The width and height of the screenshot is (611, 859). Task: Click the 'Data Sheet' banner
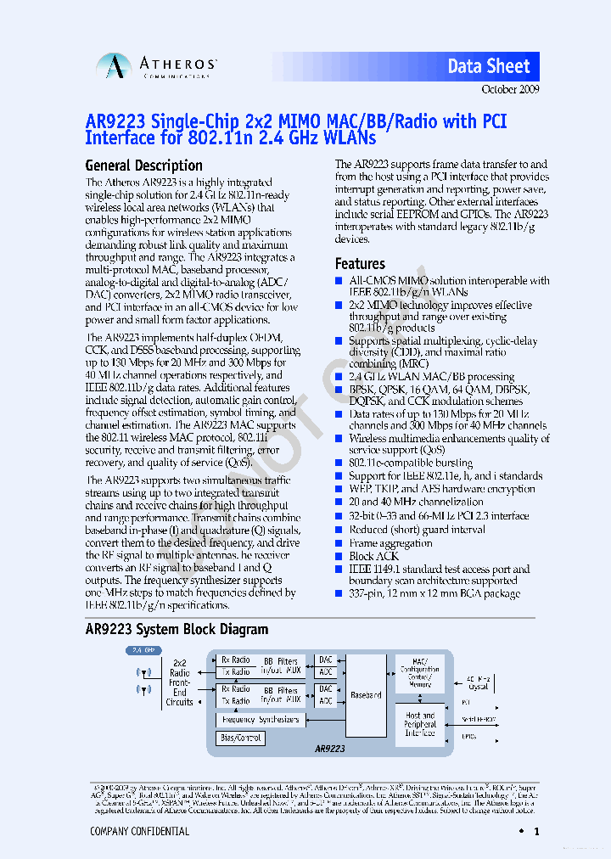click(x=489, y=66)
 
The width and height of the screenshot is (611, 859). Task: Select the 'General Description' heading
click(x=144, y=166)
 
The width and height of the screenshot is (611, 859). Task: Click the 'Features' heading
click(x=360, y=264)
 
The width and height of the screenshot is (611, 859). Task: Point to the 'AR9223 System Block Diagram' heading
click(x=177, y=629)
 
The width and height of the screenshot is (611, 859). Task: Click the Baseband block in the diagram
click(x=366, y=694)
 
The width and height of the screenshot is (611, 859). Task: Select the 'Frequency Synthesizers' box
click(x=261, y=720)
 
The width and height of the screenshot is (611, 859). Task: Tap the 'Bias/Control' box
click(x=241, y=738)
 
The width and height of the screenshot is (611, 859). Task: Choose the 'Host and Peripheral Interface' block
click(x=420, y=725)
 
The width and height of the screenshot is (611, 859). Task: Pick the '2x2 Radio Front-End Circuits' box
click(x=179, y=682)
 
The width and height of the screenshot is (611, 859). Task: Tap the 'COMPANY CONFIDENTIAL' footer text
click(x=139, y=832)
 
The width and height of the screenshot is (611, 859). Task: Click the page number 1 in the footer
click(x=536, y=833)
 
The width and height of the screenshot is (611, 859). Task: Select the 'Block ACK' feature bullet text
click(x=374, y=557)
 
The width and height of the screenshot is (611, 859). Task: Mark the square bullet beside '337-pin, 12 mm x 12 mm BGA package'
click(x=339, y=594)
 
